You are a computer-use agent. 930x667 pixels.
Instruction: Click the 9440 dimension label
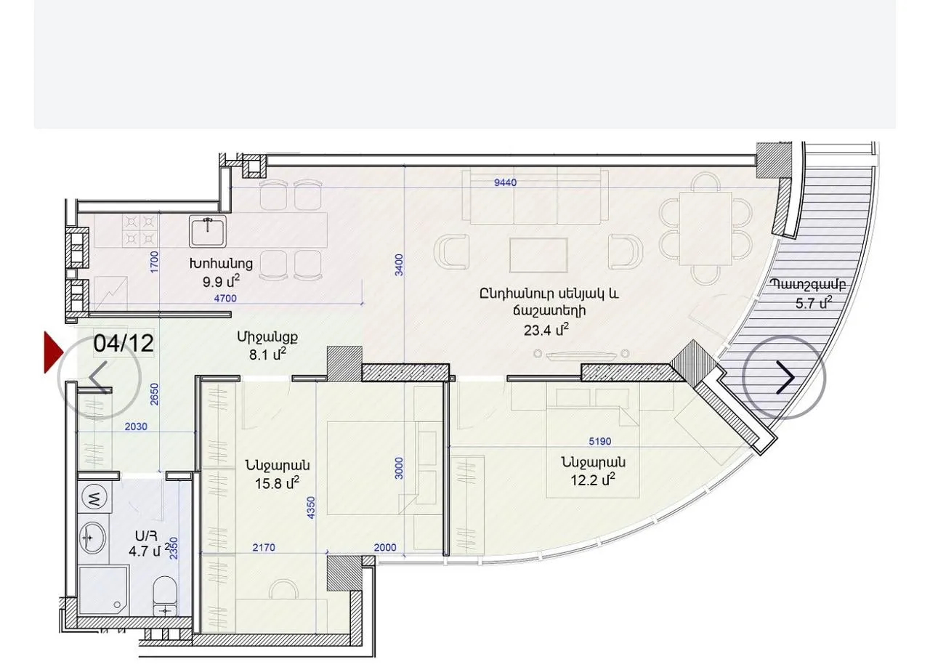(x=505, y=182)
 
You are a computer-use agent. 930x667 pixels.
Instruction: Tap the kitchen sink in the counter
(x=208, y=232)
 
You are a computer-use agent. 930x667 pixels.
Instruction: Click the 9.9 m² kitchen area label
(x=221, y=282)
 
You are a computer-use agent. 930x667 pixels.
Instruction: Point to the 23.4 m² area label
(x=546, y=330)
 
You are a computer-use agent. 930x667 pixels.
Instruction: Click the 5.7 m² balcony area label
(x=814, y=303)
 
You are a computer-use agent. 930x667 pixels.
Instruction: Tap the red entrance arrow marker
(x=54, y=352)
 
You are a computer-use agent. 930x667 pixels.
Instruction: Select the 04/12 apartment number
(x=124, y=343)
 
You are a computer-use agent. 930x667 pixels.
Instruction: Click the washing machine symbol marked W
(x=95, y=498)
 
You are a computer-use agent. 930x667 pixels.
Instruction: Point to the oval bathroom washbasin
(x=92, y=538)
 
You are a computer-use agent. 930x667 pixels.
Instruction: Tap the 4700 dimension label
(x=225, y=298)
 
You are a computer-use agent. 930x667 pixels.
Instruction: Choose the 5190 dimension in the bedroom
(x=600, y=441)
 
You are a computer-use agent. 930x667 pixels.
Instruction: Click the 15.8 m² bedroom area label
(x=278, y=483)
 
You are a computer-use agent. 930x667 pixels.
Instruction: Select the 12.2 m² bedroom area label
(x=592, y=480)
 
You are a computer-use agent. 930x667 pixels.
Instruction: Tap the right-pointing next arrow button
(x=784, y=378)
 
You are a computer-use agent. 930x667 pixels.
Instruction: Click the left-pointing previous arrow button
(x=100, y=377)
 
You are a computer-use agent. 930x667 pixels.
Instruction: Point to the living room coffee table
(x=538, y=254)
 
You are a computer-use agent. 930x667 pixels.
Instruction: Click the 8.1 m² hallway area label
(x=267, y=355)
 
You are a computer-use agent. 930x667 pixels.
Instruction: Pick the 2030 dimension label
(x=136, y=427)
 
